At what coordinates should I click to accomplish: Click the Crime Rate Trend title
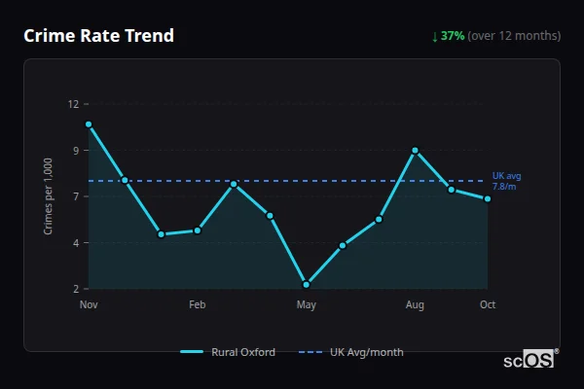pos(99,36)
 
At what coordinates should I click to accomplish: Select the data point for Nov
pos(89,124)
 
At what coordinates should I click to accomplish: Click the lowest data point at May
pos(307,284)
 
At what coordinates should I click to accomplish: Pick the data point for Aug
pos(415,151)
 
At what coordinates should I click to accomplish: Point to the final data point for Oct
pos(488,198)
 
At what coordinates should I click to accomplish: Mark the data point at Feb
pos(198,230)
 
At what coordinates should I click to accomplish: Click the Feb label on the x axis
pos(198,305)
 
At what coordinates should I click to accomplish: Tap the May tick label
pos(307,305)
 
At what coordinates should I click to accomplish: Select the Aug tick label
pos(415,305)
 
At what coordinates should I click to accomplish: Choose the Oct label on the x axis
pos(488,305)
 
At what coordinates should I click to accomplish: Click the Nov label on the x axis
pos(89,305)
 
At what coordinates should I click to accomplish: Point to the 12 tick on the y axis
pos(73,104)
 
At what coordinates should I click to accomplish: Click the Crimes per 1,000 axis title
pos(49,196)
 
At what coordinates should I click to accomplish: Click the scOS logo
pos(529,360)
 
